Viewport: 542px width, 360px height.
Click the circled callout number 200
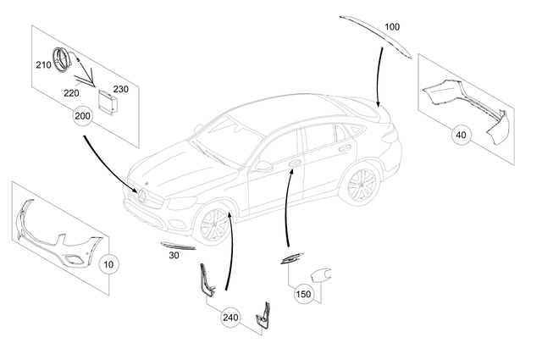click(81, 118)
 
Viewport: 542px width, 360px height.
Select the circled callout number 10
click(108, 264)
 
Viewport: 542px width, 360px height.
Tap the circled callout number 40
click(461, 134)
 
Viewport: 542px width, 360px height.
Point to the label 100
click(391, 27)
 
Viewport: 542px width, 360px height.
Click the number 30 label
click(174, 254)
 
